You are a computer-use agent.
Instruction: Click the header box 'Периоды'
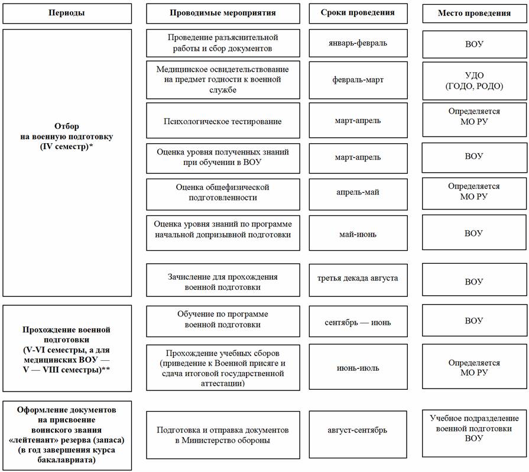tap(67, 14)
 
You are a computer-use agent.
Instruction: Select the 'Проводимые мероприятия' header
tap(223, 14)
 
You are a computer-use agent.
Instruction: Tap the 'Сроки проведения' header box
tap(358, 14)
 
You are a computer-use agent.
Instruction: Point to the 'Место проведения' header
tap(475, 14)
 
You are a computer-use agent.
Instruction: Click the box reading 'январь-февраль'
tap(358, 43)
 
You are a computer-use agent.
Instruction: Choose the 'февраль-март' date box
tap(358, 80)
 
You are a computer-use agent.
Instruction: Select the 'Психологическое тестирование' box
tap(223, 121)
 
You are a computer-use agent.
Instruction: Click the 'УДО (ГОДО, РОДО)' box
tap(475, 80)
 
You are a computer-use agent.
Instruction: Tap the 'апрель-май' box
tap(358, 195)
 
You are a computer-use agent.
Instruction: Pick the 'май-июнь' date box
tap(358, 233)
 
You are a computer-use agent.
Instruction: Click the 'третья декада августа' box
tap(358, 280)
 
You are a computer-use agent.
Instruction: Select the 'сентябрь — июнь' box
tap(358, 321)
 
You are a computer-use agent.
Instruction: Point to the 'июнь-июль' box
tap(358, 367)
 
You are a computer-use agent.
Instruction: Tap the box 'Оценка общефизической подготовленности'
tap(223, 195)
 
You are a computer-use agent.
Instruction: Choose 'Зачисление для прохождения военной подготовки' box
tap(223, 280)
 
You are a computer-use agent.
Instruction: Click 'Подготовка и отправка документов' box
tap(223, 435)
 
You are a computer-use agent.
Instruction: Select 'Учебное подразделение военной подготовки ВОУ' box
tap(475, 433)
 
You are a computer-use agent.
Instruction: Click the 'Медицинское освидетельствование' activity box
tap(223, 80)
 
